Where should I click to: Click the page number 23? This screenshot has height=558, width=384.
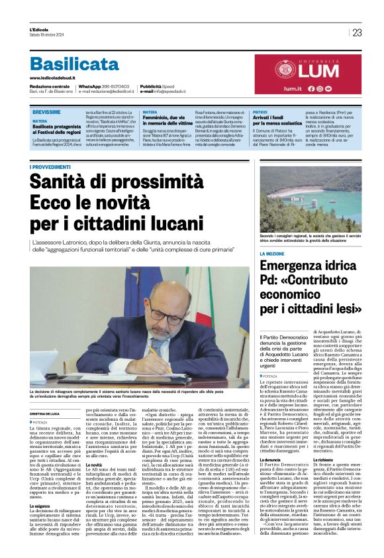357,32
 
